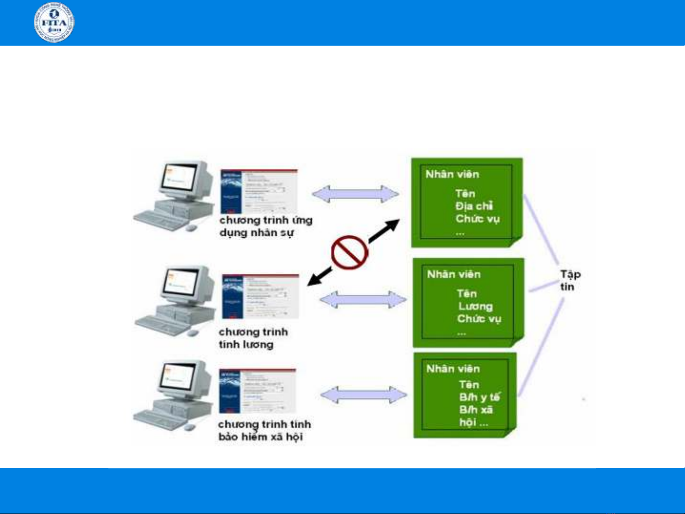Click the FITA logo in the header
(54, 22)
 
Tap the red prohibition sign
(349, 252)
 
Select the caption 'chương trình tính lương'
(253, 338)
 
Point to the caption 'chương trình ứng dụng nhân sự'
(265, 226)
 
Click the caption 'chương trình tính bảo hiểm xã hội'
(264, 430)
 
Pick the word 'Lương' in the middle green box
(475, 306)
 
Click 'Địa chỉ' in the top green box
(474, 206)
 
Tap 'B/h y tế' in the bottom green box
(479, 397)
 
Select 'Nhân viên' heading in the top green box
(452, 174)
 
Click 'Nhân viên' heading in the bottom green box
(453, 369)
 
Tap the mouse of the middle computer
(192, 332)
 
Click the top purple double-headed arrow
(355, 194)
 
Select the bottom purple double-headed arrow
(363, 395)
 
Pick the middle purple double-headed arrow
(363, 300)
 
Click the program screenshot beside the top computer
(259, 191)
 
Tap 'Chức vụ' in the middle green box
(479, 319)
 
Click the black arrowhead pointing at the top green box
(392, 225)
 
